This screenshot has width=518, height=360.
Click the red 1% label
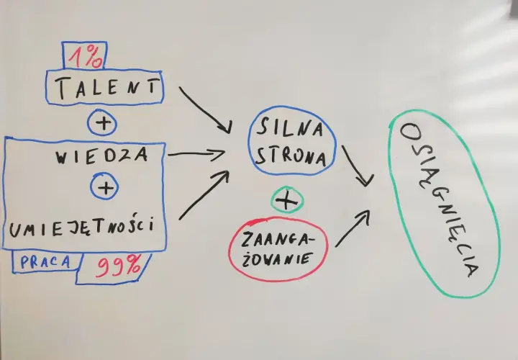[86, 57]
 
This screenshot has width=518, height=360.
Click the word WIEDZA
[101, 156]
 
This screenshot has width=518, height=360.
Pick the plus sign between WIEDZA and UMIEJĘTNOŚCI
[106, 188]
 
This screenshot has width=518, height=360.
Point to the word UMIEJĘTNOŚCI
[81, 227]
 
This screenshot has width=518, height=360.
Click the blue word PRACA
[45, 262]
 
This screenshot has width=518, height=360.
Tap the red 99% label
[118, 266]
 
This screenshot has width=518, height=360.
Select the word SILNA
[289, 128]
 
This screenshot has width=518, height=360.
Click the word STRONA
[291, 156]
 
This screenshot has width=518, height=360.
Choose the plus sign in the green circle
[286, 200]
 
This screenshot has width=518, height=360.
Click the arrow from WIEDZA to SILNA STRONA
[196, 154]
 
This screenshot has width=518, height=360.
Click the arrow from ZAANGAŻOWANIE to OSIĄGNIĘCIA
[353, 228]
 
